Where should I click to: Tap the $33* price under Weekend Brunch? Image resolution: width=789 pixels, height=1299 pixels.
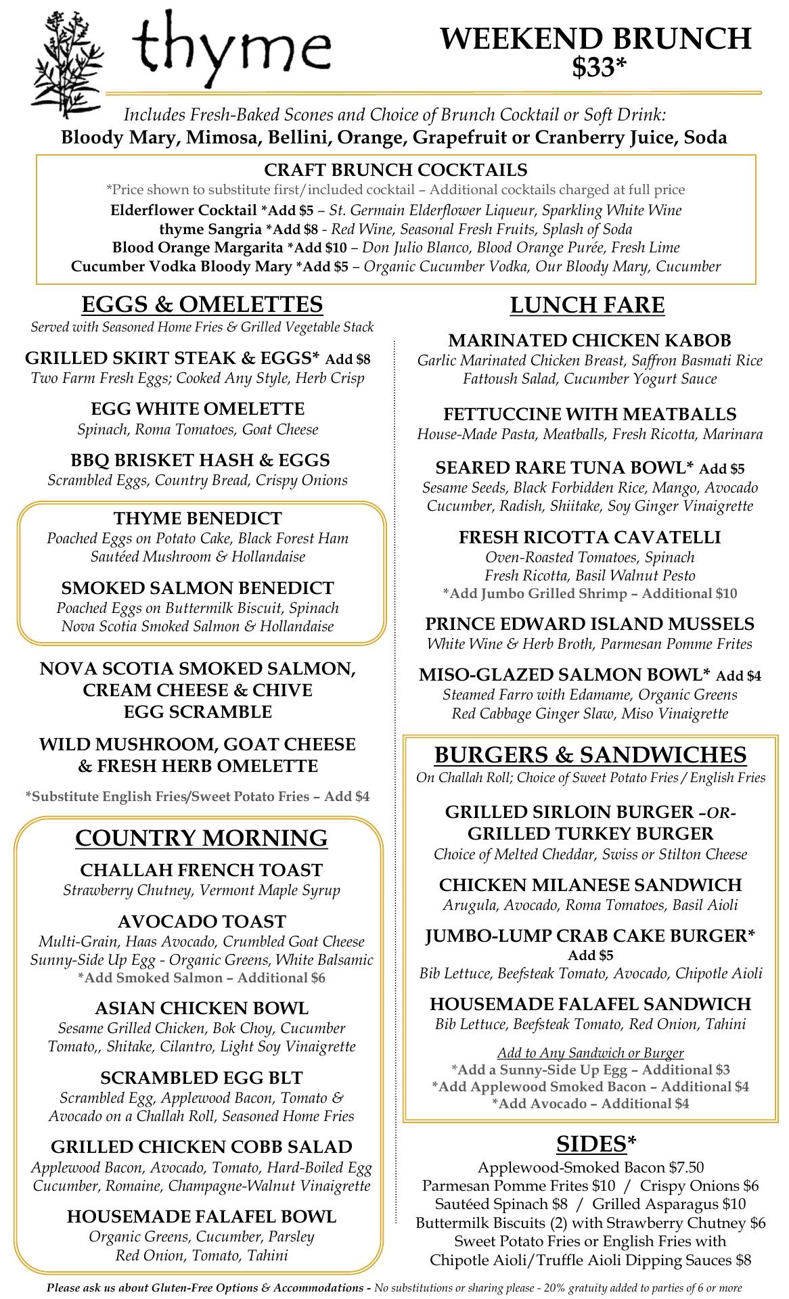598,68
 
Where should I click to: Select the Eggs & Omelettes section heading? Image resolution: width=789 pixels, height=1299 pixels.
202,304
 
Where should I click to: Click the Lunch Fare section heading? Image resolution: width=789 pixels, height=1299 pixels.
587,305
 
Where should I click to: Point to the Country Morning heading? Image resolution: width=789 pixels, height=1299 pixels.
202,838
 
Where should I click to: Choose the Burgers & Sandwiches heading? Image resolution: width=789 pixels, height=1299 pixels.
590,754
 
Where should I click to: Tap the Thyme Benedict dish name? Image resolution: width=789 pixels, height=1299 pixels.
198,518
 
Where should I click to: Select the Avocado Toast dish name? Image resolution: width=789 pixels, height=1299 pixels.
202,921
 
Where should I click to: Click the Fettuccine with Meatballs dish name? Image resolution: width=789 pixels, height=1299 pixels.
590,414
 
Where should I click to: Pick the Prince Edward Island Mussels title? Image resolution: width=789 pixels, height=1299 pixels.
589,624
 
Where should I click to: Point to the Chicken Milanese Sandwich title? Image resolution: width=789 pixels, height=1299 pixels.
590,885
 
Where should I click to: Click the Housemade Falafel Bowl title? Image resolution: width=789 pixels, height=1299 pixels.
202,1217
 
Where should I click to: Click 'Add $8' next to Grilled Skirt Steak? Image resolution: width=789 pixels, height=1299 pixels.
348,359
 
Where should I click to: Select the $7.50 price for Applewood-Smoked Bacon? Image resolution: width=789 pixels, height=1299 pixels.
686,1167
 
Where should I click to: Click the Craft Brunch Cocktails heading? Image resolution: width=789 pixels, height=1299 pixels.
396,170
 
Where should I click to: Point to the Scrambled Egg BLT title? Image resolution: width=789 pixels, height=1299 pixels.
202,1078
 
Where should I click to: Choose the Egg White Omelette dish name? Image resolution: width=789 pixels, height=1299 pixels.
198,409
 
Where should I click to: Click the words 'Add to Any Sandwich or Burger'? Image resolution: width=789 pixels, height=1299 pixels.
590,1053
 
